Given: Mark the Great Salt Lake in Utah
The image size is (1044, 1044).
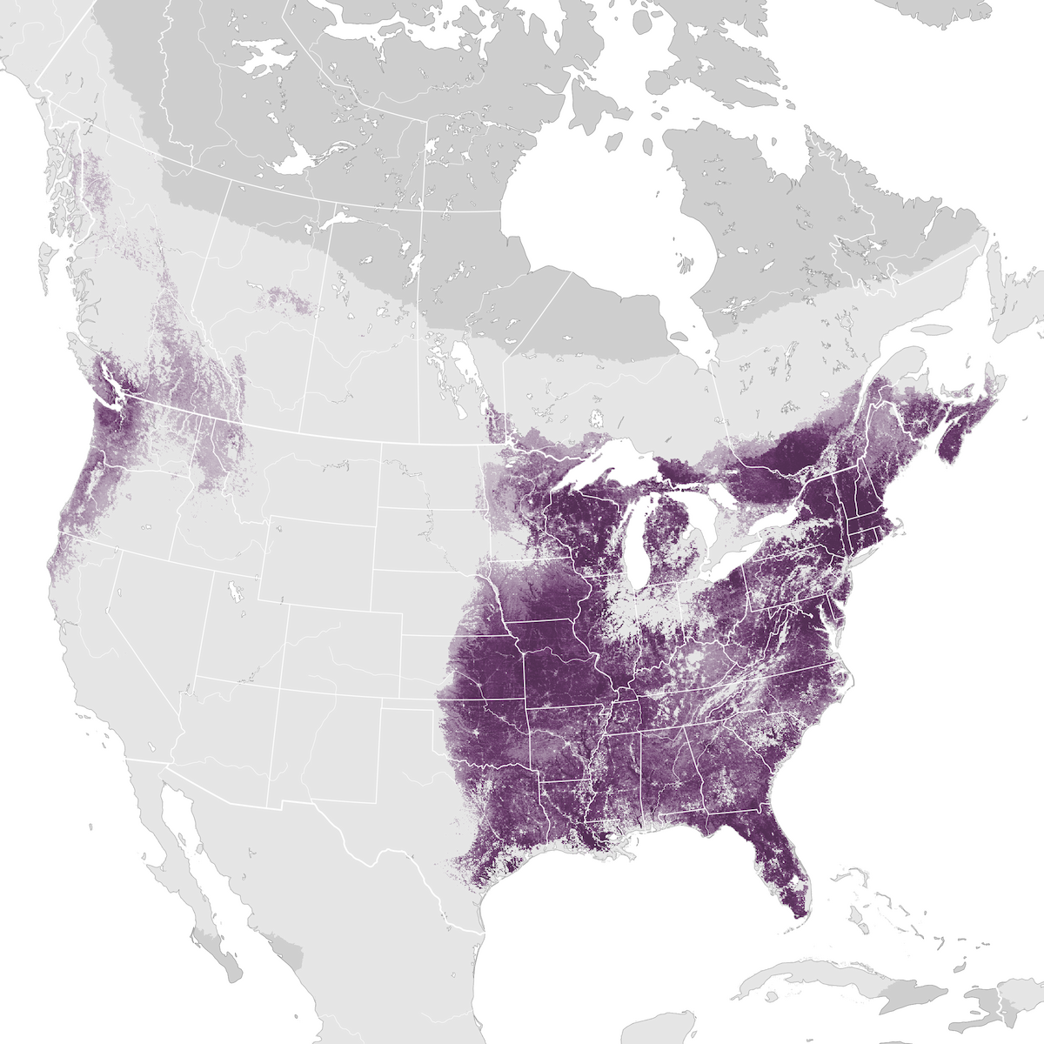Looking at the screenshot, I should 233,592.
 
